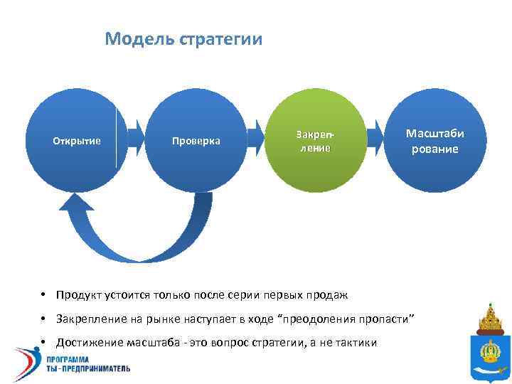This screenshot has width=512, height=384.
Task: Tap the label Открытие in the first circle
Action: click(77, 141)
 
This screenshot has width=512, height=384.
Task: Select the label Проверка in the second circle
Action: click(196, 141)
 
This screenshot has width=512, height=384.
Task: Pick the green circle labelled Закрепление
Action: click(314, 141)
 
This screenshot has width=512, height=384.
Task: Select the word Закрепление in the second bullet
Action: click(90, 317)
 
